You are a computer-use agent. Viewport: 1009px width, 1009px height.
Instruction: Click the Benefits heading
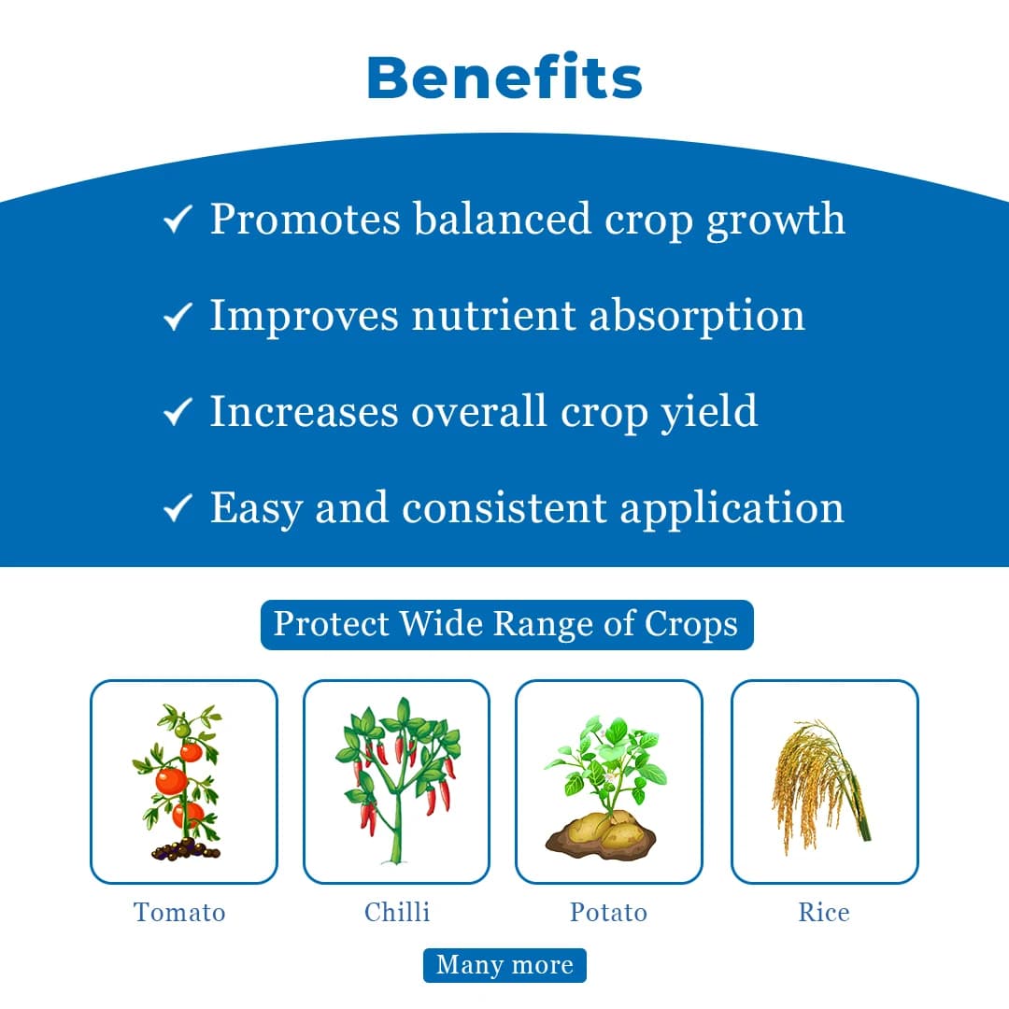(504, 78)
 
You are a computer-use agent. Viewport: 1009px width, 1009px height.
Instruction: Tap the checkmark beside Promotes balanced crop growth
(177, 220)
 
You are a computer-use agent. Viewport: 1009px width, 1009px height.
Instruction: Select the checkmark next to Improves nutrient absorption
(177, 317)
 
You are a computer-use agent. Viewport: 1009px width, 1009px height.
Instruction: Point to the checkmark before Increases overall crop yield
(177, 412)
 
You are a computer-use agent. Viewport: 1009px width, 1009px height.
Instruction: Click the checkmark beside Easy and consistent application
(177, 509)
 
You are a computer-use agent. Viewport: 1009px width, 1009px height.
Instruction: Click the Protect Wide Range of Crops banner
(505, 624)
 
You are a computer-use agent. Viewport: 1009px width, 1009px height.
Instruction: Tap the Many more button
(504, 965)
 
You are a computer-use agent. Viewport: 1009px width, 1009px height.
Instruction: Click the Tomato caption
(179, 912)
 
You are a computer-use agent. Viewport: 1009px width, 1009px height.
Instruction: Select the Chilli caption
(397, 912)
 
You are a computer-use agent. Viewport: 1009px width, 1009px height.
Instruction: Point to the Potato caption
(608, 912)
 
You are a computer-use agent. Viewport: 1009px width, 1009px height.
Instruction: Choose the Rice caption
(824, 912)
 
